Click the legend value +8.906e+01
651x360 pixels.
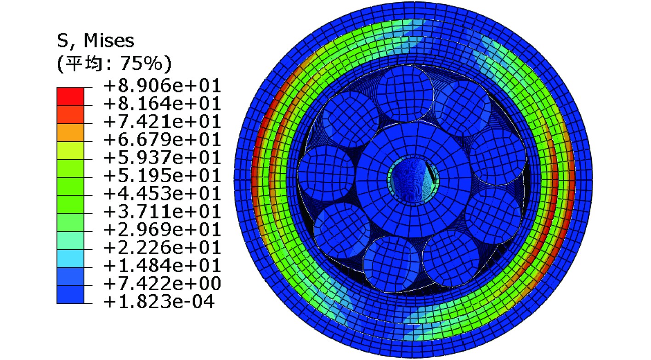[x=162, y=86]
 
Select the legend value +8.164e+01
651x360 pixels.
[x=162, y=103]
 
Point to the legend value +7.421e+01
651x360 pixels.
[x=162, y=121]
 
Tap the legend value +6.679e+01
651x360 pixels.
[x=162, y=140]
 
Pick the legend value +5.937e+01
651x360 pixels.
[x=162, y=158]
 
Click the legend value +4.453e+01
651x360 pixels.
[x=162, y=194]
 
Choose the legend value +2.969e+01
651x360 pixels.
[x=162, y=230]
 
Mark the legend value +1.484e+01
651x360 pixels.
[x=162, y=265]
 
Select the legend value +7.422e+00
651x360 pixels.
[x=162, y=284]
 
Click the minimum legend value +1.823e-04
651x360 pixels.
[x=159, y=302]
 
